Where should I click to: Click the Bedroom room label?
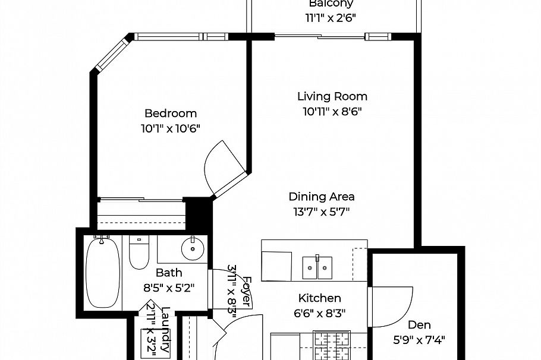click(x=171, y=113)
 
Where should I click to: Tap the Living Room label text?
click(x=332, y=96)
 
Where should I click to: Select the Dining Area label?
click(x=322, y=197)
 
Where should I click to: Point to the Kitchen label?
click(x=319, y=298)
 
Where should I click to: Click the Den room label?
click(x=419, y=325)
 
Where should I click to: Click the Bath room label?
click(x=169, y=273)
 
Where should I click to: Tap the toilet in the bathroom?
click(x=139, y=252)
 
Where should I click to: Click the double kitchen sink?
click(x=317, y=267)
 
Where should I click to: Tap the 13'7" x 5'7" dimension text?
click(x=322, y=212)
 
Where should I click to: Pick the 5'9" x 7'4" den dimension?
click(x=419, y=340)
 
